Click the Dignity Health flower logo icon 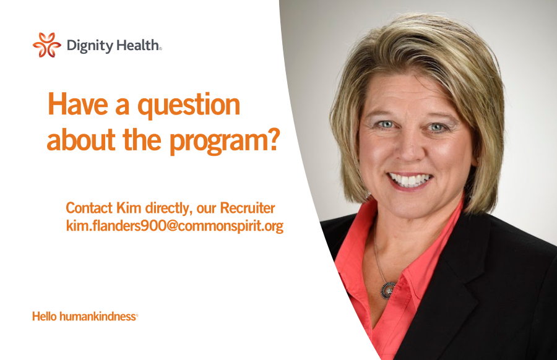(47, 45)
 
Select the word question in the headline (189, 105)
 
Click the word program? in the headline (225, 142)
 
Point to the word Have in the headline (78, 104)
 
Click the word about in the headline (81, 140)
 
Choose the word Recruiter (248, 208)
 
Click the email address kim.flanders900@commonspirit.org (175, 226)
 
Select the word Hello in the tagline (45, 316)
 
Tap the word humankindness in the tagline (98, 316)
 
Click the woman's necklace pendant (388, 291)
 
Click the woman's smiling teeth (410, 179)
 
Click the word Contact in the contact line (89, 208)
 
